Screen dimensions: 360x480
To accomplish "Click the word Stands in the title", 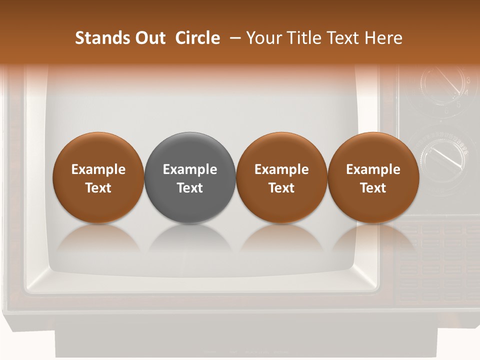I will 98,38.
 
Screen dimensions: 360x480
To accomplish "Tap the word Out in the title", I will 149,38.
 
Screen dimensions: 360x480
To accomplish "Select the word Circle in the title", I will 197,38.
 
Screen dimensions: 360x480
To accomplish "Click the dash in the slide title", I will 233,38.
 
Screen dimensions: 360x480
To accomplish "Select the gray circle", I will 190,177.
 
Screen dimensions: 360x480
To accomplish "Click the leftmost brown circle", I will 98,177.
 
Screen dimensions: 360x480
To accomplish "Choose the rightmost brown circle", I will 373,177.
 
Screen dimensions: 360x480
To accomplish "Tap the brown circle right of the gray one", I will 281,177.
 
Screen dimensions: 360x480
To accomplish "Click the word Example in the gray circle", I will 190,169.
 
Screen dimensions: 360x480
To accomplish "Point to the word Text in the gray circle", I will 190,188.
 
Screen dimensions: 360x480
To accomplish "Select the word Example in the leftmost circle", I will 98,169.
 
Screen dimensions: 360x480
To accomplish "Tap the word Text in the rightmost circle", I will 373,188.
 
